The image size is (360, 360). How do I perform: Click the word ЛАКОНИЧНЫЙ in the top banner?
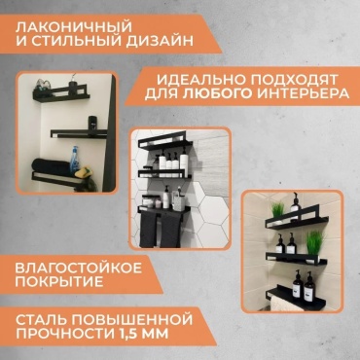(74, 26)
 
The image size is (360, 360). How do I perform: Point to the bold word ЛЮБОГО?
(218, 94)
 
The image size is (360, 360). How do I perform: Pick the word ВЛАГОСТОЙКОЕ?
(79, 268)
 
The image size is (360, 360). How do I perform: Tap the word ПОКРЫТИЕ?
(59, 282)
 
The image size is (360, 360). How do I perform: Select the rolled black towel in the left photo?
(51, 166)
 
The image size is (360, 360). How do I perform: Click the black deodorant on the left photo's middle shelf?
(92, 124)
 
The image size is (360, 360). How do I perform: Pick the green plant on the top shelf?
(277, 210)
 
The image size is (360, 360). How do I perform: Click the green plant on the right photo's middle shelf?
(313, 242)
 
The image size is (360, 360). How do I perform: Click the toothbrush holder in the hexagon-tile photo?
(179, 201)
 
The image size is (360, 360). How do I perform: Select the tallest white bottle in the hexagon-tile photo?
(184, 162)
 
